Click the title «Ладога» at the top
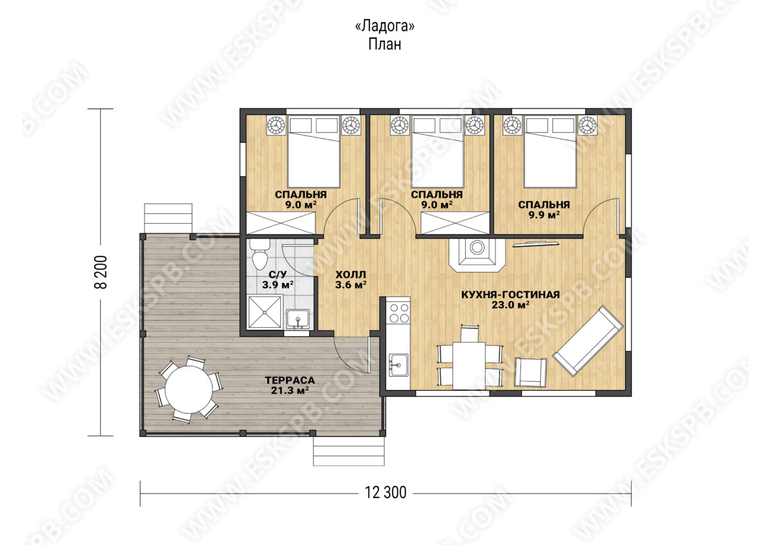pos(384,26)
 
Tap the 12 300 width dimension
pos(385,493)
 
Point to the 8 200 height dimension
pos(101,272)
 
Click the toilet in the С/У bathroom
pos(259,255)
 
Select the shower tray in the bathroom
pos(265,312)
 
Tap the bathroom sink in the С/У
pos(297,319)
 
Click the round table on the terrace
pos(189,389)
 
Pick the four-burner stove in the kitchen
pos(398,312)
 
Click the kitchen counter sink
pos(398,366)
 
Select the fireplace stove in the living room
pos(477,255)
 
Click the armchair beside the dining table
pos(531,372)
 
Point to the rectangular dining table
pos(469,366)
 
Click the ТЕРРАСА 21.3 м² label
pos(290,385)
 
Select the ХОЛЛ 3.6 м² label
pos(351,280)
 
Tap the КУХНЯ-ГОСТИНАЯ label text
pos(510,295)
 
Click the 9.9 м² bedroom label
pos(544,215)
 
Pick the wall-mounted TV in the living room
pos(536,244)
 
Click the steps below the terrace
pos(349,451)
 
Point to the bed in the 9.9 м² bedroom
pos(550,152)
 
